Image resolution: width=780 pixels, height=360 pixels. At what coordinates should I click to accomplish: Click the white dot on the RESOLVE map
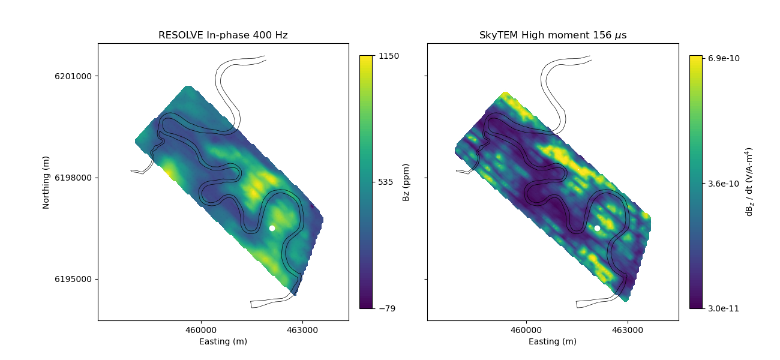(272, 228)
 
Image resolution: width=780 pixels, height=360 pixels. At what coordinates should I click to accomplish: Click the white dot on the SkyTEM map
(597, 228)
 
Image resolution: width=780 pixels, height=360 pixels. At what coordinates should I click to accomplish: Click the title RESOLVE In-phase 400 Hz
(223, 35)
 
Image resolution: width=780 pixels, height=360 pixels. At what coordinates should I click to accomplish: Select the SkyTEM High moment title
(553, 35)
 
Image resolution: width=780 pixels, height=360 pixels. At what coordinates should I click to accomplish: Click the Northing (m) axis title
(46, 182)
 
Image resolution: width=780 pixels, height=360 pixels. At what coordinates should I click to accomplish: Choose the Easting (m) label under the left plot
(223, 341)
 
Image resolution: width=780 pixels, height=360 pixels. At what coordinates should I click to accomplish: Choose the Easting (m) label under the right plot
(553, 341)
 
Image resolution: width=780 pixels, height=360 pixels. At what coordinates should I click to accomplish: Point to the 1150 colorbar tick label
(389, 56)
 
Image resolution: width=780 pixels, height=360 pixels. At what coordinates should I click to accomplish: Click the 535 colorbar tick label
(386, 182)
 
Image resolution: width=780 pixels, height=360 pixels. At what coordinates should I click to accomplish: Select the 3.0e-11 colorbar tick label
(722, 308)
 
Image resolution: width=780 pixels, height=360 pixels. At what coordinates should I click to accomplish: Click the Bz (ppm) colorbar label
(406, 182)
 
